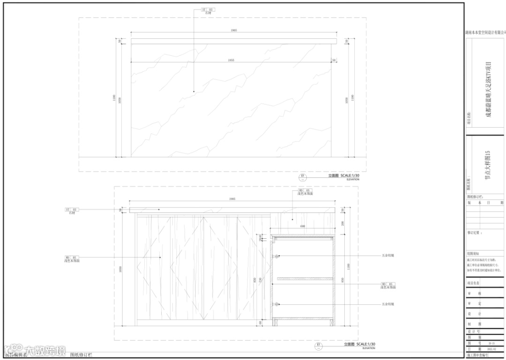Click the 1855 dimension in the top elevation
pos(231,60)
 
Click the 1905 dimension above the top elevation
pos(233,30)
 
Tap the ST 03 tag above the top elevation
pos(207,9)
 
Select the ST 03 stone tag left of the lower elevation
pos(71,210)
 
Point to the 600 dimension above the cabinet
pos(303,227)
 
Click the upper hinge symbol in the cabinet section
pos(277,256)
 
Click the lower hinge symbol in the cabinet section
pos(277,304)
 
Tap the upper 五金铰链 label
pos(388,256)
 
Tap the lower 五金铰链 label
pos(388,304)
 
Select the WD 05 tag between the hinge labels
pos(387,284)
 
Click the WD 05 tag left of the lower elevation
pos(71,257)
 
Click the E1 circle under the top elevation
pos(303,177)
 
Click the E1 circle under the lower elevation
pos(319,346)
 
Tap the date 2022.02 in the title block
pos(491,349)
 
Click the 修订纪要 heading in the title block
pos(475,232)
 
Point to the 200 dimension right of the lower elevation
pos(342,223)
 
